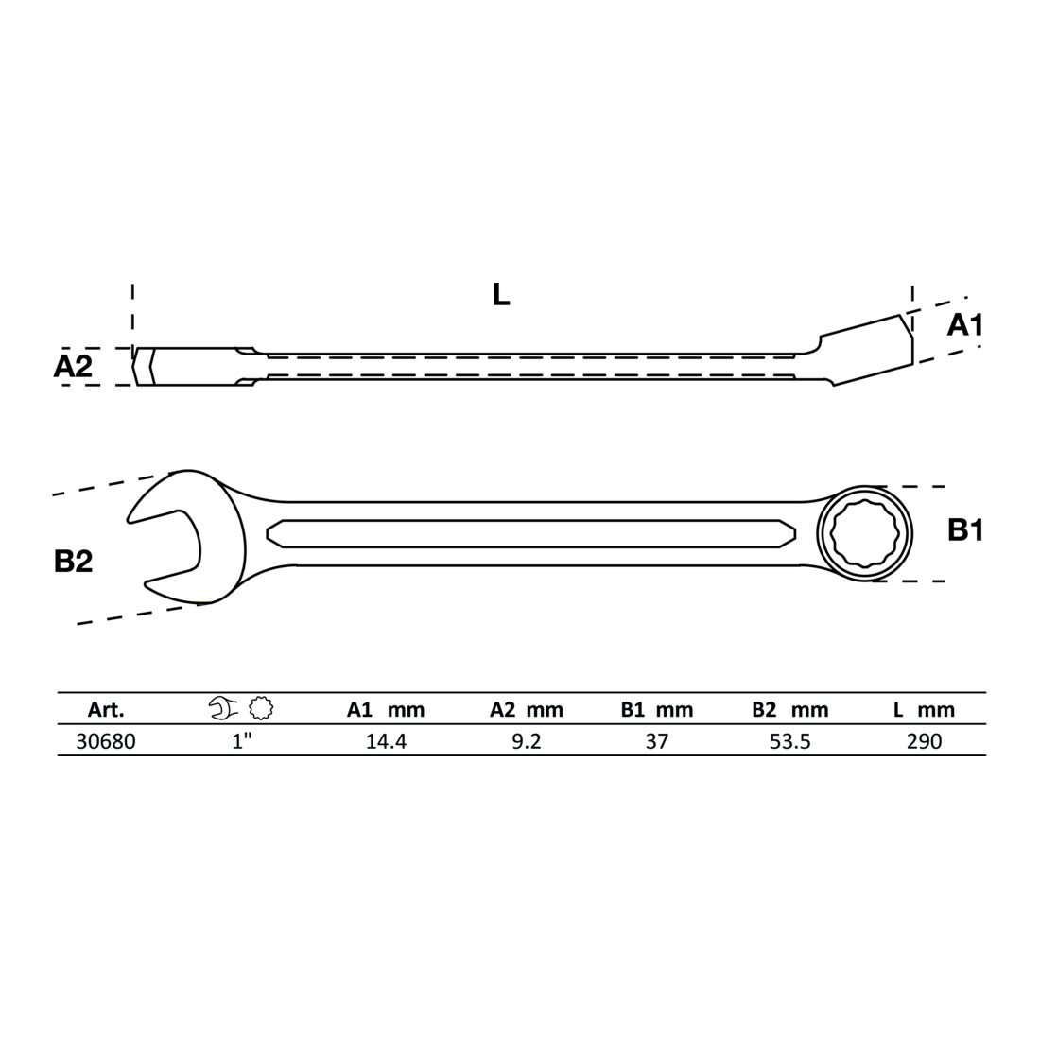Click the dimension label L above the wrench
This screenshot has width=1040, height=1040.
click(501, 294)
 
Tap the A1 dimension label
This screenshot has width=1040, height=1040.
click(965, 325)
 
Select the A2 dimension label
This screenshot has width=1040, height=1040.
click(73, 366)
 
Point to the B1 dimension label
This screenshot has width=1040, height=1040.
click(965, 530)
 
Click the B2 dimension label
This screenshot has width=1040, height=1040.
click(73, 561)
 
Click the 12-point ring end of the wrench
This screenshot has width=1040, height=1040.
click(864, 533)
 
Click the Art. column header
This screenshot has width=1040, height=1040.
click(106, 710)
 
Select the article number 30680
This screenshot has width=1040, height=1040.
click(106, 741)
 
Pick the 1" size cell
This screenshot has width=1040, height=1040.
click(243, 741)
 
